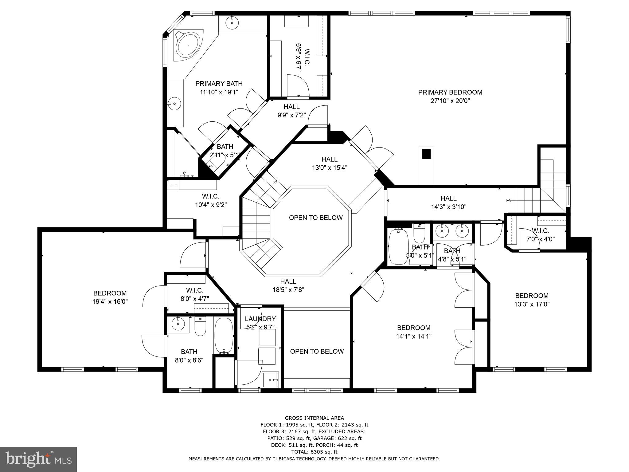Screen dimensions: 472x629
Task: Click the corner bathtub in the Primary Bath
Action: tap(188, 46)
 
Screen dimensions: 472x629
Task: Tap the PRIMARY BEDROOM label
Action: tap(450, 92)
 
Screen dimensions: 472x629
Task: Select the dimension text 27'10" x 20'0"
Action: tap(450, 101)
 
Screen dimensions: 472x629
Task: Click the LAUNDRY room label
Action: tap(260, 319)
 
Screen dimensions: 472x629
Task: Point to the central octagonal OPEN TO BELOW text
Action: tap(315, 218)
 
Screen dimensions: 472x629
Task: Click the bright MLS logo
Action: tap(38, 459)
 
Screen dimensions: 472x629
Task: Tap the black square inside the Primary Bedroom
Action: tap(426, 154)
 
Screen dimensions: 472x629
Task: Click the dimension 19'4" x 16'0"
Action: tap(110, 302)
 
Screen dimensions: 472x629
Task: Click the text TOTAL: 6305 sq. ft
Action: tap(314, 452)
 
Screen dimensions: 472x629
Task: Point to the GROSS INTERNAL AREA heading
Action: tap(314, 418)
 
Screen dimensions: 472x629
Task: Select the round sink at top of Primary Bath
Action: tap(232, 22)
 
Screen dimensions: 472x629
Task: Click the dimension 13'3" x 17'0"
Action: tap(532, 304)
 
